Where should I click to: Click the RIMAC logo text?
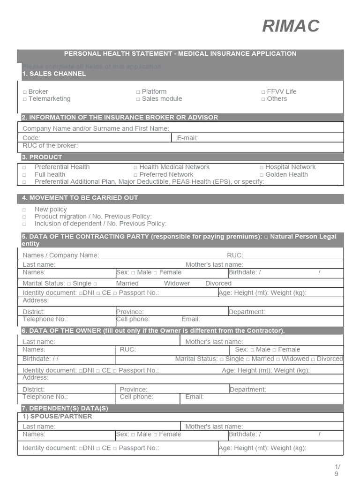pyautogui.click(x=291, y=26)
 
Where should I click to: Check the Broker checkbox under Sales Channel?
pyautogui.click(x=25, y=92)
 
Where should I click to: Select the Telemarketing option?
pyautogui.click(x=25, y=99)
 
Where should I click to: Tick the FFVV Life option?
pyautogui.click(x=263, y=92)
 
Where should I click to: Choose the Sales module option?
pyautogui.click(x=138, y=99)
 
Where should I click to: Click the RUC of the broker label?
pyautogui.click(x=50, y=145)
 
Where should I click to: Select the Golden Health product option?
pyautogui.click(x=262, y=174)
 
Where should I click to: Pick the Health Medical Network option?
pyautogui.click(x=135, y=167)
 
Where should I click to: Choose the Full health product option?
pyautogui.click(x=24, y=174)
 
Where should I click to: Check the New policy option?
pyautogui.click(x=24, y=210)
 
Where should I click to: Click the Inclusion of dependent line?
pyautogui.click(x=100, y=224)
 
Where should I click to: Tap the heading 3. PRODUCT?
pyautogui.click(x=42, y=157)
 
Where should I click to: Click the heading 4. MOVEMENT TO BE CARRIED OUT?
pyautogui.click(x=80, y=198)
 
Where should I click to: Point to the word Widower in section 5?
pyautogui.click(x=177, y=283)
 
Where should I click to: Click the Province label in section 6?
pyautogui.click(x=134, y=390)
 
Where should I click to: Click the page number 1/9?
pyautogui.click(x=337, y=470)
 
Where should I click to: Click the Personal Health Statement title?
pyautogui.click(x=180, y=53)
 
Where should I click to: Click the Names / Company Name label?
pyautogui.click(x=60, y=255)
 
